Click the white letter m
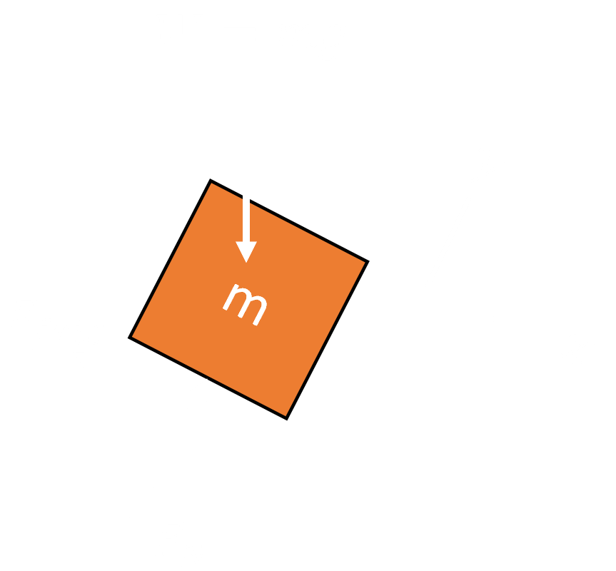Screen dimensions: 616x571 tap(245, 305)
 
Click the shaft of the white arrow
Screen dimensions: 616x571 tap(246, 218)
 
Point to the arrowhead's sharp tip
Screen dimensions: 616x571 tap(246, 263)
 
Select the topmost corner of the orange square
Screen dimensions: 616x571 tap(211, 180)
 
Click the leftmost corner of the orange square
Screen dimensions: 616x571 tap(129, 338)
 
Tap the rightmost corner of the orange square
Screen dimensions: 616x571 tap(368, 261)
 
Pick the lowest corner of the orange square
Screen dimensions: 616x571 tap(287, 419)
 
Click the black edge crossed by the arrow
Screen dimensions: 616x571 tap(290, 221)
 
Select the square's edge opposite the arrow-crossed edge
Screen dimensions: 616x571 tap(208, 378)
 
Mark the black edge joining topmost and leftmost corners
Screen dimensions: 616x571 tap(170, 258)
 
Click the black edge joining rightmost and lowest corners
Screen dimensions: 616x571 tap(328, 340)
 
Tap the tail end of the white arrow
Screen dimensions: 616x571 tap(246, 196)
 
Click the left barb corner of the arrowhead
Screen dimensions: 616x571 tap(236, 241)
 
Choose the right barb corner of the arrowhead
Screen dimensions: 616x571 tap(258, 241)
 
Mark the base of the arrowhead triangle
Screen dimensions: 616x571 tap(246, 241)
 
